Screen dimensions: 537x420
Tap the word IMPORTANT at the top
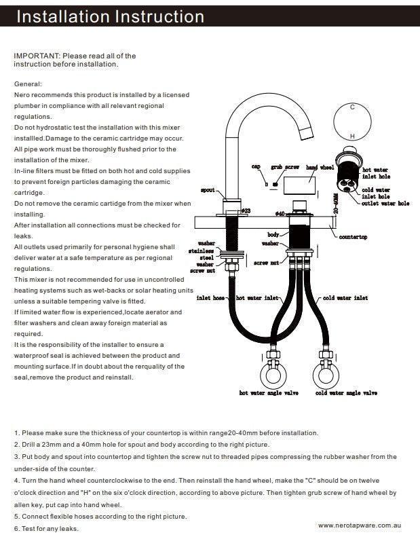coord(37,56)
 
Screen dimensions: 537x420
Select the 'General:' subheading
coord(28,84)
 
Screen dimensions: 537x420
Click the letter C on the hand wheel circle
coord(352,107)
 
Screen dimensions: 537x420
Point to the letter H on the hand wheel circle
coord(352,136)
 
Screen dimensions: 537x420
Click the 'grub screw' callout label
coord(285,166)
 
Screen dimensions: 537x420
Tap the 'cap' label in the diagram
coord(256,166)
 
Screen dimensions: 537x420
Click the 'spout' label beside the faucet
coord(208,190)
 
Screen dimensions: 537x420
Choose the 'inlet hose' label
coord(211,297)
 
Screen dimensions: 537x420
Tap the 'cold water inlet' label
coord(345,297)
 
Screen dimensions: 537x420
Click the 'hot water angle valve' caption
coord(270,392)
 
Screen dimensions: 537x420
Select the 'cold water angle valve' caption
coord(347,392)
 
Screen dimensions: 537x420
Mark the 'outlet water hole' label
coord(385,203)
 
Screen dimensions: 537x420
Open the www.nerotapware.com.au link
coord(362,525)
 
